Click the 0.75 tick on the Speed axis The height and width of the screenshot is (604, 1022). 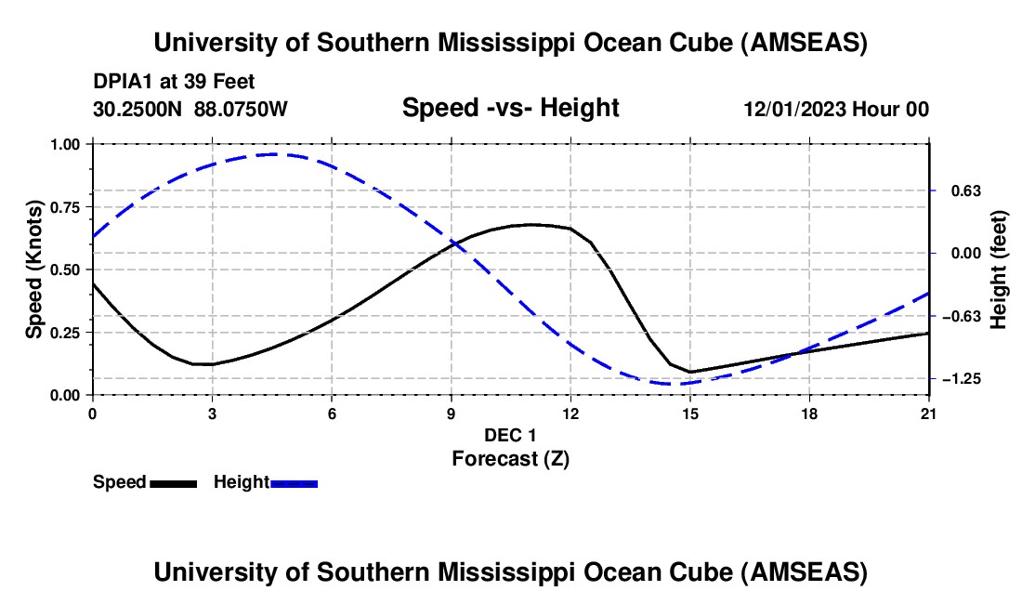click(67, 207)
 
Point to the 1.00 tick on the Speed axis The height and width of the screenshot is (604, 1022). click(67, 144)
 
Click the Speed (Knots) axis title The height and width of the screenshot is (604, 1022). click(33, 269)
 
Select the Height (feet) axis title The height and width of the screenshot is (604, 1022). click(999, 269)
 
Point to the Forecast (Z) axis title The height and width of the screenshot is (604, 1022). click(510, 458)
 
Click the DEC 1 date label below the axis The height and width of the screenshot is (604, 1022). click(510, 435)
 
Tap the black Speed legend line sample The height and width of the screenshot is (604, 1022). click(173, 483)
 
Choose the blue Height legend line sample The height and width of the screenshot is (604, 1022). click(294, 483)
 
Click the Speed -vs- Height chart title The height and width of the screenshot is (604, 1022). click(510, 108)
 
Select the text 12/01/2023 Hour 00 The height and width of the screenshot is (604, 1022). click(836, 109)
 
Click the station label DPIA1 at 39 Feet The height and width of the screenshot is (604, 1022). click(174, 82)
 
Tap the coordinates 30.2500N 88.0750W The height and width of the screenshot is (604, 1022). click(190, 109)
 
